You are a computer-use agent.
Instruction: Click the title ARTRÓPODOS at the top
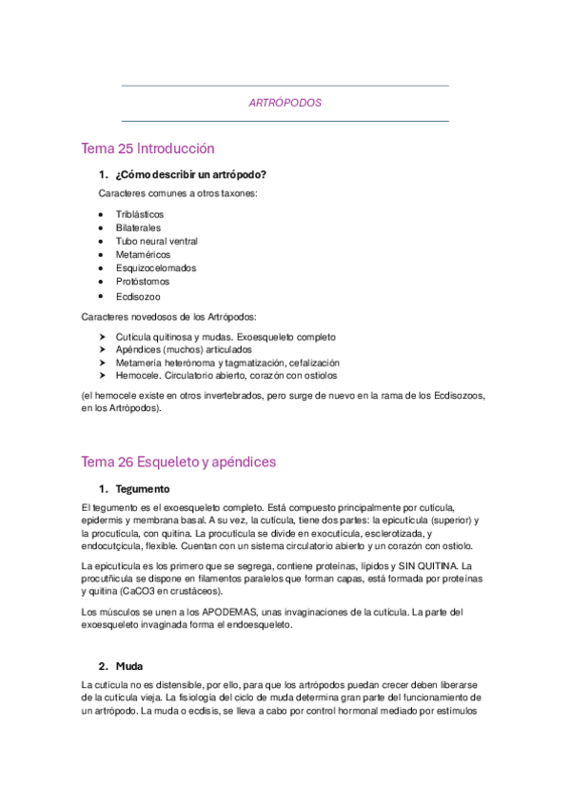(x=285, y=103)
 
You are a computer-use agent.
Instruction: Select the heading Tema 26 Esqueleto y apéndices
(x=179, y=462)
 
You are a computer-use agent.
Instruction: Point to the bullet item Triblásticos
(x=140, y=214)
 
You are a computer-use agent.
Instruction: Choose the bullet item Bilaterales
(x=138, y=227)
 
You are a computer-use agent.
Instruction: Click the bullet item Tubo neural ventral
(x=156, y=241)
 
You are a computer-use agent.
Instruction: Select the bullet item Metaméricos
(x=143, y=255)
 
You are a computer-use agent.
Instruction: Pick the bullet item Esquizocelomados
(x=155, y=268)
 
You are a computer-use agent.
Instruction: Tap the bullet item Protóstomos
(x=142, y=282)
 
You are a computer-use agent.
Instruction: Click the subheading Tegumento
(x=143, y=488)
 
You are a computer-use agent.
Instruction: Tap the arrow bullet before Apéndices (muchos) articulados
(x=103, y=349)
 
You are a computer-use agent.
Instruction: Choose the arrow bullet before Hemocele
(x=103, y=376)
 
